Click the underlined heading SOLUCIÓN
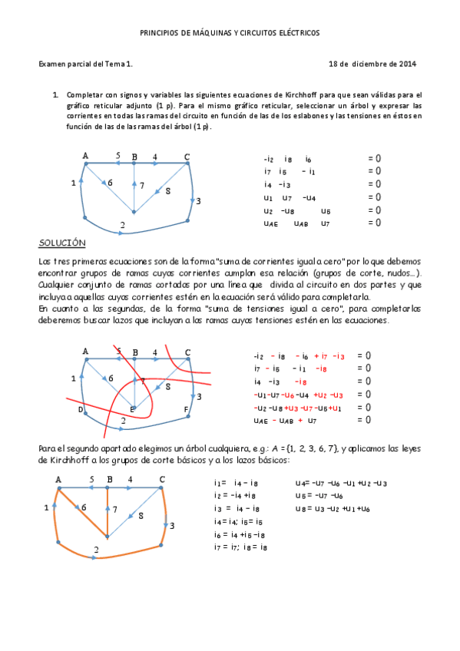pos(61,243)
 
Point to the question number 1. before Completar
pos(55,94)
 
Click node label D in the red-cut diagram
pos(79,409)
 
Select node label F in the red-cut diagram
pos(186,409)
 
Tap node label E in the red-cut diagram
pos(131,409)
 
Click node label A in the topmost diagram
pos(86,156)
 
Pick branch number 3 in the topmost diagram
pos(198,201)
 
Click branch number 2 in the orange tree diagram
pos(96,550)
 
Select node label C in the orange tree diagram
pos(161,480)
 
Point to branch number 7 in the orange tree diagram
pos(114,509)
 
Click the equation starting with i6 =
pos(241,534)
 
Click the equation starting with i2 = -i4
pos(240,496)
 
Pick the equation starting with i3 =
pos(240,509)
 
